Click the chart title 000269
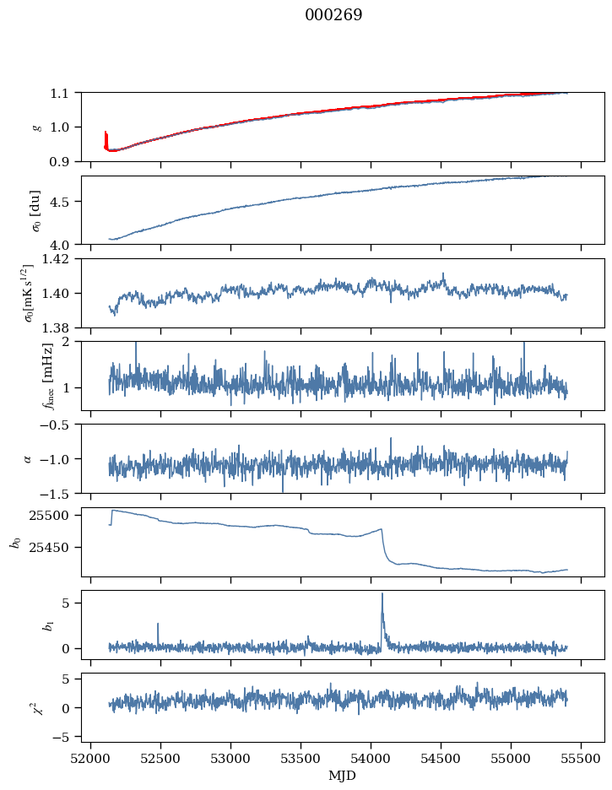pyautogui.click(x=333, y=15)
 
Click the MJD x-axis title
pyautogui.click(x=343, y=775)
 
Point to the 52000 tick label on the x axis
pyautogui.click(x=90, y=758)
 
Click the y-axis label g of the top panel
pyautogui.click(x=36, y=127)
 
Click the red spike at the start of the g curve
pyautogui.click(x=106, y=137)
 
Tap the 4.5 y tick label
pyautogui.click(x=64, y=202)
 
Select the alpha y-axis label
pyautogui.click(x=28, y=458)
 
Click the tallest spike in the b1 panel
pyautogui.click(x=382, y=594)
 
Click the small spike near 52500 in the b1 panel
pyautogui.click(x=158, y=625)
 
